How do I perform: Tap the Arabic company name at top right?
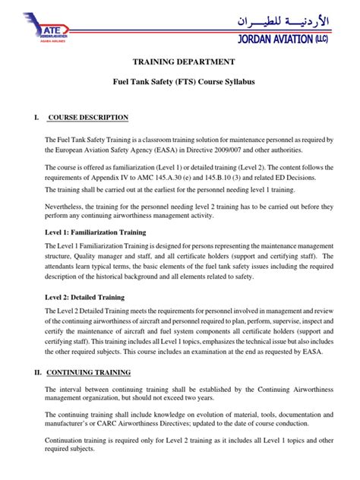[293, 16]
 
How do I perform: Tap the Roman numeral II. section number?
[35, 372]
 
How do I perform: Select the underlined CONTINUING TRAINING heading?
[89, 372]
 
